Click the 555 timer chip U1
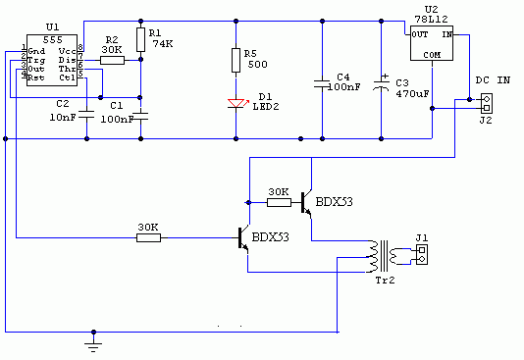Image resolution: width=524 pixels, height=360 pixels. point(52,60)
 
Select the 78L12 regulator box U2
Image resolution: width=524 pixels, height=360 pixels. point(432,43)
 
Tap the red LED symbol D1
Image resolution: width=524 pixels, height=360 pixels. point(236,104)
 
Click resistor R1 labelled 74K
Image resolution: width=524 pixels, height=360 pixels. point(140,40)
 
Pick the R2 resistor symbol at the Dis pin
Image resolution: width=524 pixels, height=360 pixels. point(112,60)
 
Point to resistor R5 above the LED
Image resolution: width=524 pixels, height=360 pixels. point(236,60)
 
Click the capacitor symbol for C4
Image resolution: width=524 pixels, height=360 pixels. point(322,83)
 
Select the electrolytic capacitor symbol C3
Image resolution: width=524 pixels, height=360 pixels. point(381,83)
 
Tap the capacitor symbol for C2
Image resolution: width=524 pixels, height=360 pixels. point(86,114)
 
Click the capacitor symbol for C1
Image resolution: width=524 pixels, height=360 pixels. point(140,116)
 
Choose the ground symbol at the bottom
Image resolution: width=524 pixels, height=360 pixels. point(93,344)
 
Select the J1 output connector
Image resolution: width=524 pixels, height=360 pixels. point(422,254)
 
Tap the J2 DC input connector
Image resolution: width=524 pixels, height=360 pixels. point(487,104)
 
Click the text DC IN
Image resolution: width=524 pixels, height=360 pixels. point(493,80)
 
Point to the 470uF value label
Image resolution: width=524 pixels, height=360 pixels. point(412,94)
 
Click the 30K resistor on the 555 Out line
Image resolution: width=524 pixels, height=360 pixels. point(148,237)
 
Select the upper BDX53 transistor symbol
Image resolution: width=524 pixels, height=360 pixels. point(307,202)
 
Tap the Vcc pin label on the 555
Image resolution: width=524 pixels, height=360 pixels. point(67,51)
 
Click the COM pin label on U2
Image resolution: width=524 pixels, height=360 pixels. point(432,55)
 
